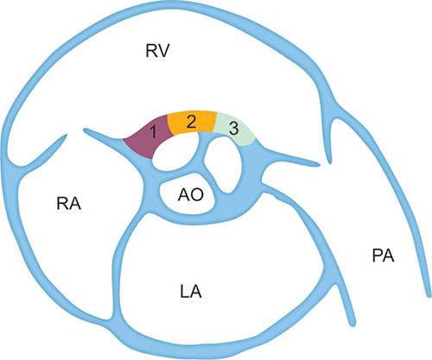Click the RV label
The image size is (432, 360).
(x=157, y=51)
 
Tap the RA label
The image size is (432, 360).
(x=69, y=204)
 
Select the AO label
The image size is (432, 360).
(x=191, y=195)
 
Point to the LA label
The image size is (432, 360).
(x=191, y=292)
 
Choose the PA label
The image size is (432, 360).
(x=383, y=256)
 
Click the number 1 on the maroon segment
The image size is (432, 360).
(x=154, y=133)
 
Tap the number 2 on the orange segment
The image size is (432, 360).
(x=191, y=123)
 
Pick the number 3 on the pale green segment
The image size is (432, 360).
(x=233, y=129)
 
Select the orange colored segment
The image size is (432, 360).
(x=192, y=123)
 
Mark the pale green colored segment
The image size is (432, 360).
(x=235, y=128)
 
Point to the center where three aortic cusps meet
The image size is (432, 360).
(x=205, y=166)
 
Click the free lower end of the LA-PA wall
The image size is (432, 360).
(x=352, y=323)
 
